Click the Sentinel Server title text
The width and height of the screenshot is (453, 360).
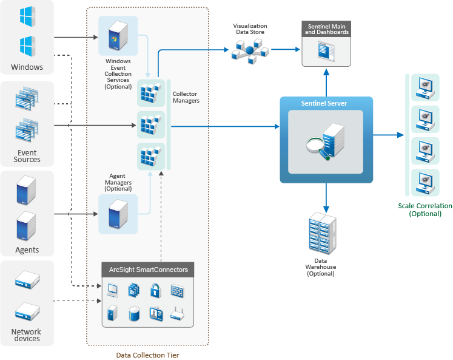point(324,104)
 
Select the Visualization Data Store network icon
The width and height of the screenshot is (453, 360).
point(249,52)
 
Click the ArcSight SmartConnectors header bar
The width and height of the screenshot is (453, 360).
point(149,270)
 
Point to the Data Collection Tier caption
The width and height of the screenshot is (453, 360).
point(148,355)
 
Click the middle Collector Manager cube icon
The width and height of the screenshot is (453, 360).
point(149,125)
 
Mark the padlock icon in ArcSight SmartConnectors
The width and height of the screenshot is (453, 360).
point(155,291)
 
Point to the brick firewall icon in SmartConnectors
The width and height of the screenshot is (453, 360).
point(177,291)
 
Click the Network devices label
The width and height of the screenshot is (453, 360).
point(26,335)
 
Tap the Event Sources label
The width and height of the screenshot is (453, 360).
point(27,156)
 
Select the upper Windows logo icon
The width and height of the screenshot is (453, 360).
point(26,17)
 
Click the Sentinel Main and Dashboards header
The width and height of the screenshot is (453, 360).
point(327,29)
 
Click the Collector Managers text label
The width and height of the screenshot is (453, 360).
point(186,97)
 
